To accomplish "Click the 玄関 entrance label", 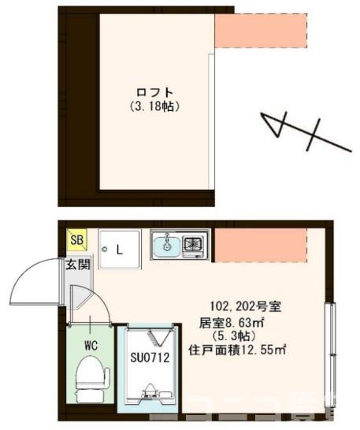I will [76, 263].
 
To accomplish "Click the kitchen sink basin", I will [166, 247].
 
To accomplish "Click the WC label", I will [91, 344].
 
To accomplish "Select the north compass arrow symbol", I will [303, 132].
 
